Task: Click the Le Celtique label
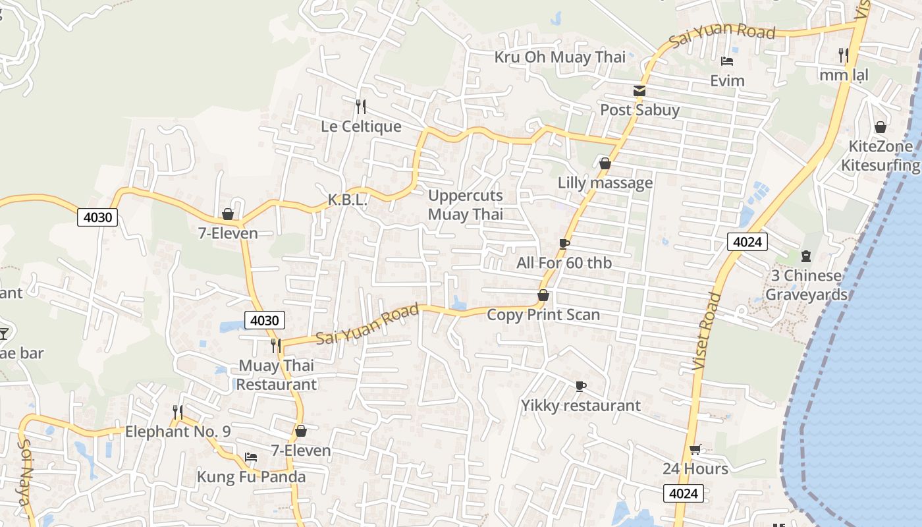point(361,126)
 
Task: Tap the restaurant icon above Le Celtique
point(360,105)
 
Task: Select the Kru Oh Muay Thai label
point(560,57)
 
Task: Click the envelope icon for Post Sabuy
point(639,91)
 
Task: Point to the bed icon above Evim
point(727,61)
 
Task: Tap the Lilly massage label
point(605,182)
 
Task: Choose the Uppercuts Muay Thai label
point(466,204)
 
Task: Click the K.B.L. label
point(347,200)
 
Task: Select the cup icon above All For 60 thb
point(564,244)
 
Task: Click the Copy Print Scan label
point(543,314)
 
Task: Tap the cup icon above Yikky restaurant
point(580,386)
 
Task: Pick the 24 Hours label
point(695,468)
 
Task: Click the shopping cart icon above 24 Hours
point(695,449)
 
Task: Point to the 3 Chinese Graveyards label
point(806,285)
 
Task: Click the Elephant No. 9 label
point(178,431)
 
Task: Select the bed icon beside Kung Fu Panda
point(250,457)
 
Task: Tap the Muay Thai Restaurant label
point(277,374)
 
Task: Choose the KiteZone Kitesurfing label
point(881,155)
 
